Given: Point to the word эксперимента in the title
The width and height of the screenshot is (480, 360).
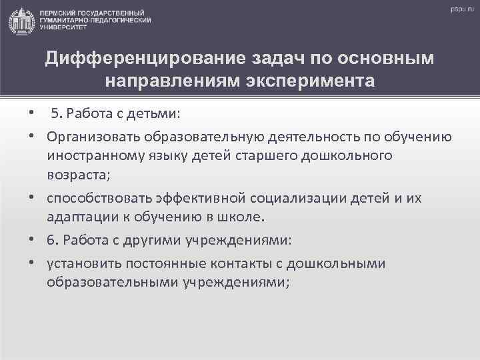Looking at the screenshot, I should pyautogui.click(x=315, y=81).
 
